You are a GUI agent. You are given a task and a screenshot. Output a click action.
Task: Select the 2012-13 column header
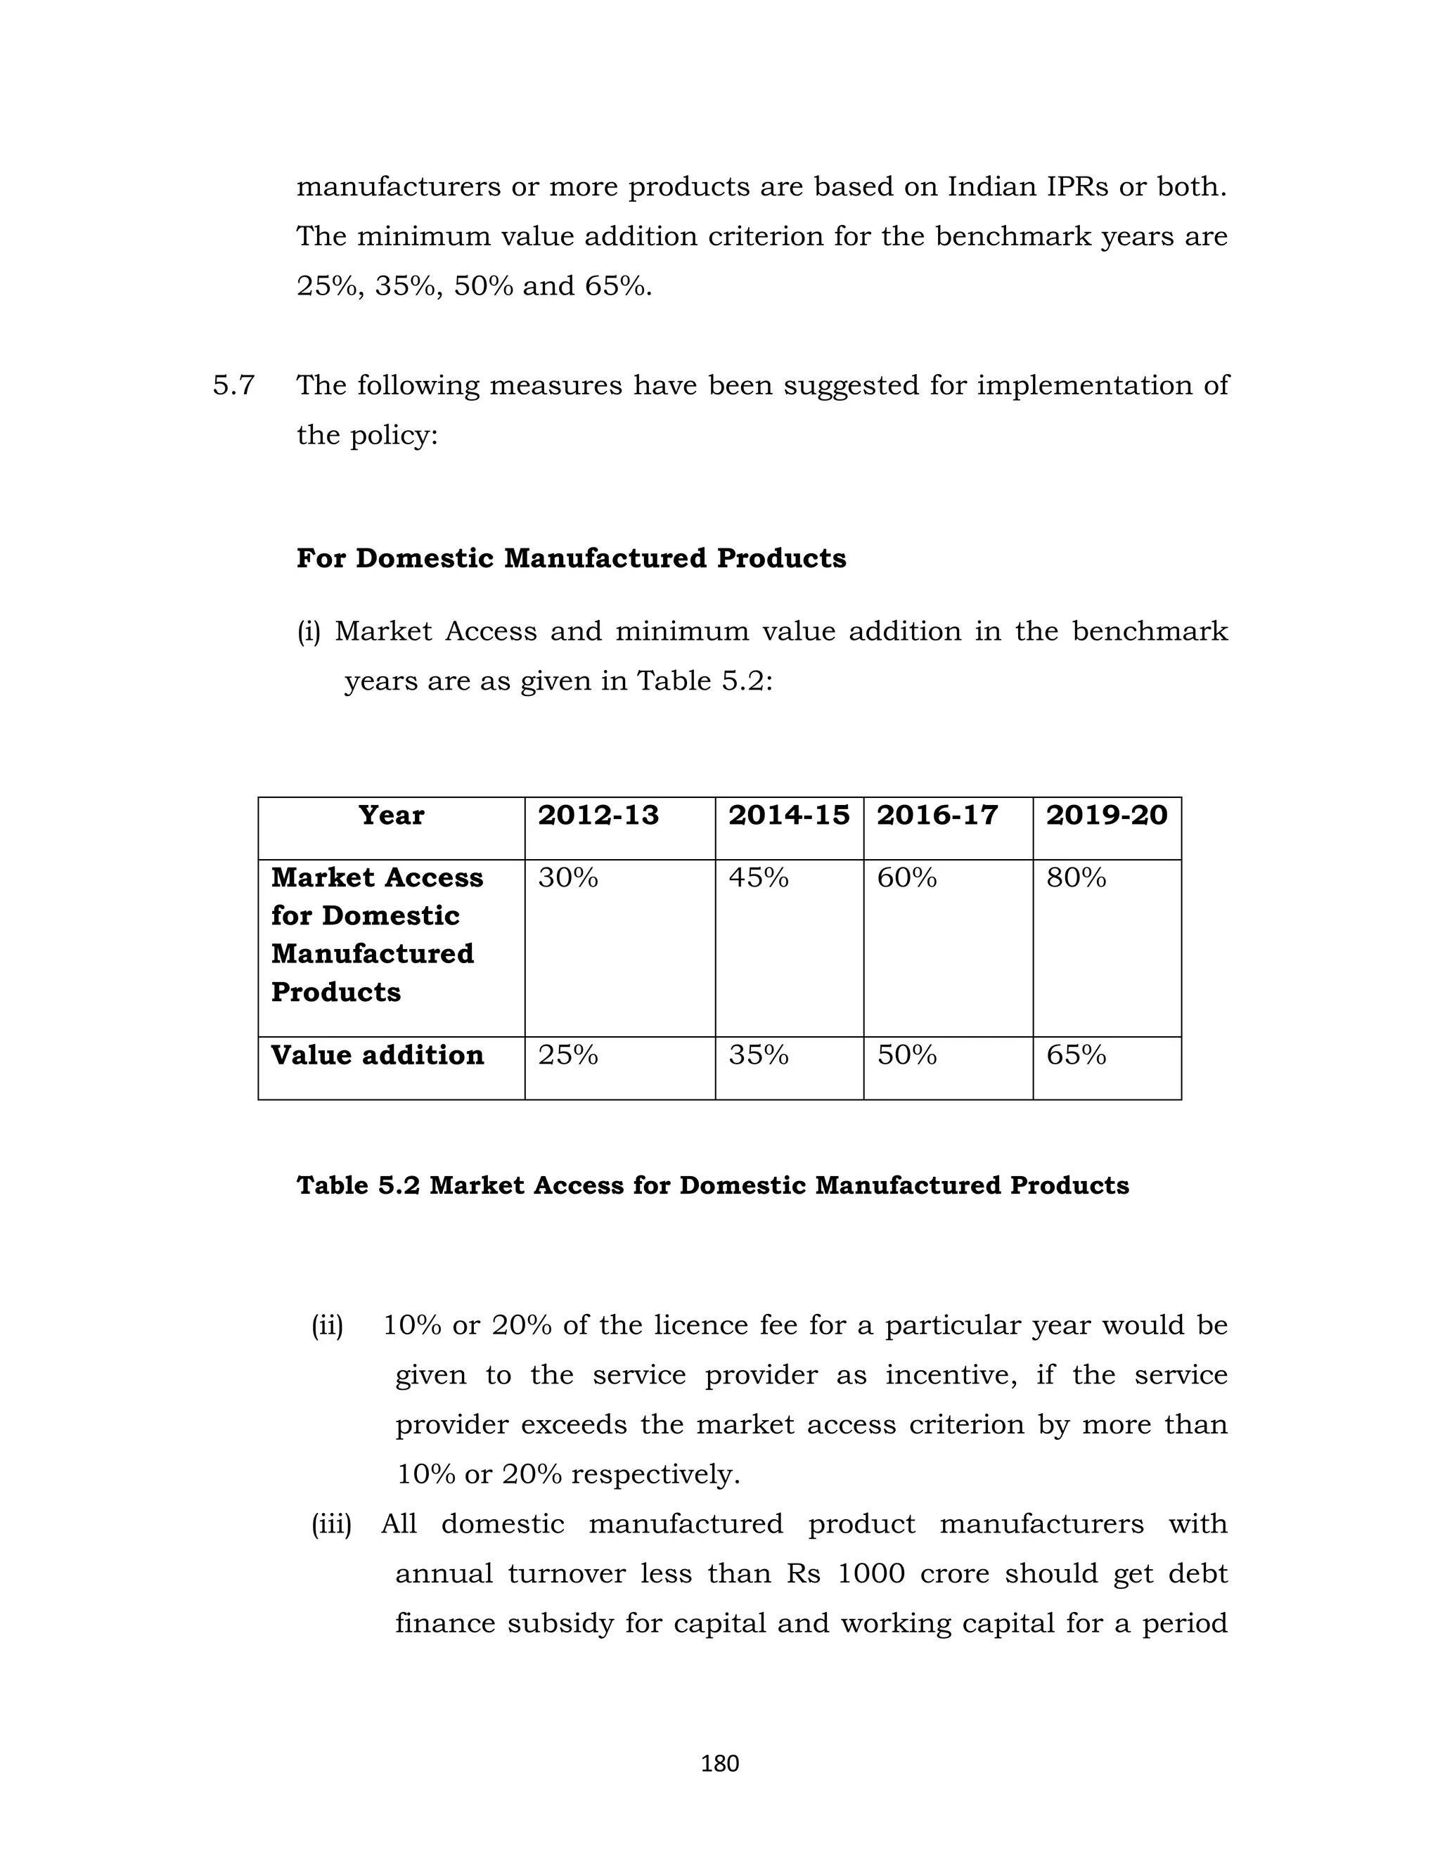click(598, 815)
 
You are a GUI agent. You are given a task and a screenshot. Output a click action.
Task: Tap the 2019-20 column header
click(1107, 815)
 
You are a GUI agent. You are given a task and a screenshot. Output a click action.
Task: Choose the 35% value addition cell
click(759, 1055)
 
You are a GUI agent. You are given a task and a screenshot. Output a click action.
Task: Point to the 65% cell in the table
click(1076, 1055)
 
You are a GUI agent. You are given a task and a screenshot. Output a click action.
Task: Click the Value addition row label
click(377, 1055)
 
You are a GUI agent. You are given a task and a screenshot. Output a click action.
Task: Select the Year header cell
click(391, 815)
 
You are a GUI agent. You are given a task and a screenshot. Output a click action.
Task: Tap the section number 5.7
click(233, 385)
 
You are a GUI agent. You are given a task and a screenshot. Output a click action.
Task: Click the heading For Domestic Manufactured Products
click(571, 558)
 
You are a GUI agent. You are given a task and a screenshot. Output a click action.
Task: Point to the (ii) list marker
click(327, 1326)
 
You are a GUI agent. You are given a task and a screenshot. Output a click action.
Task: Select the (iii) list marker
click(331, 1523)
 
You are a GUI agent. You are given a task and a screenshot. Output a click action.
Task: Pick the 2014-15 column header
click(789, 815)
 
